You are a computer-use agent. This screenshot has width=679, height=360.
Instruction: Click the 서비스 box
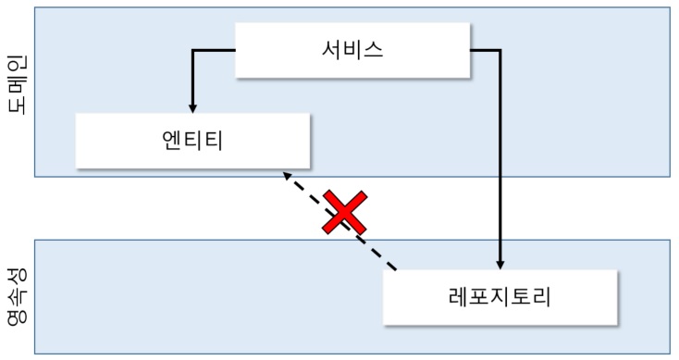tap(352, 50)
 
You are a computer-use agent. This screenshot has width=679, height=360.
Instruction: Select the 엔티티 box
tap(192, 141)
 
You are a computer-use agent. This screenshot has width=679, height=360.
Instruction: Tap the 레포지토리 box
tap(499, 297)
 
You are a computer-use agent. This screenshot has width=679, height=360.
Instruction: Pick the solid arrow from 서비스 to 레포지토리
tap(500, 157)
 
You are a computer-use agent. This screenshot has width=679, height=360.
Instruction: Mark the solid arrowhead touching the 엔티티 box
tap(193, 108)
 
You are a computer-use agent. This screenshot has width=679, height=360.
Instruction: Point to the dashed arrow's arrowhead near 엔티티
tap(288, 176)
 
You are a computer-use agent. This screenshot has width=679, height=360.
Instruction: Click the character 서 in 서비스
tap(324, 50)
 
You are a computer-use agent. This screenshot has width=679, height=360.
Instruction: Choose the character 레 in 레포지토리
tap(455, 297)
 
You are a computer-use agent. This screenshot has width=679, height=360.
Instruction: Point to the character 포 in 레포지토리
tap(478, 297)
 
